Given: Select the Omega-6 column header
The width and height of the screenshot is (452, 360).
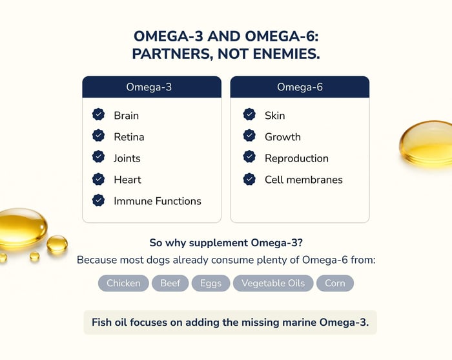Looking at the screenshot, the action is click(x=300, y=87).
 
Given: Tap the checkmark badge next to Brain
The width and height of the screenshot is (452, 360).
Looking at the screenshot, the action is click(x=98, y=114).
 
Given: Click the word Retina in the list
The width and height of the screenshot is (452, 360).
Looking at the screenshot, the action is click(x=129, y=137).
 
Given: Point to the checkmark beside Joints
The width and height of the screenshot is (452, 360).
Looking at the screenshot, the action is click(x=98, y=156).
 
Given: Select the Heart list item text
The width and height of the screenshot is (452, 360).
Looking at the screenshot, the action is click(x=127, y=180).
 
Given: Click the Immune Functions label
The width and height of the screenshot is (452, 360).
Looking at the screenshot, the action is click(x=158, y=201).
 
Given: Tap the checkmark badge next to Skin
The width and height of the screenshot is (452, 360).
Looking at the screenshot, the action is click(x=249, y=114).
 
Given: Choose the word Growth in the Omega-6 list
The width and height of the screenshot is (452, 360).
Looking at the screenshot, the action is click(x=283, y=137).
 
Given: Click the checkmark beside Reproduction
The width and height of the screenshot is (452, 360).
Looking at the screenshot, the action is click(x=249, y=156).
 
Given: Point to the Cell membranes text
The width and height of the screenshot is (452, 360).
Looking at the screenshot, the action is click(x=303, y=180).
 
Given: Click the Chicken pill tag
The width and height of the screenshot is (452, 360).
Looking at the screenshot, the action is click(x=123, y=283).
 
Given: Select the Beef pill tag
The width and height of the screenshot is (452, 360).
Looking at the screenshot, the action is click(x=170, y=283).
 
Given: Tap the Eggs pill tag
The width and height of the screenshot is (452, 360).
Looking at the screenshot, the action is click(x=211, y=283).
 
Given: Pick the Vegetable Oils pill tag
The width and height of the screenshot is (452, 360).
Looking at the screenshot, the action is click(x=273, y=283).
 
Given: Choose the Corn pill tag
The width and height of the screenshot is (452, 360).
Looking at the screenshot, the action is click(x=335, y=283).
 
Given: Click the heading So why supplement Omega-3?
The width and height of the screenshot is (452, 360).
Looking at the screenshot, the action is click(x=226, y=243).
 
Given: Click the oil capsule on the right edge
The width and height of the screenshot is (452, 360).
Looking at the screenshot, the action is click(x=426, y=143).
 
